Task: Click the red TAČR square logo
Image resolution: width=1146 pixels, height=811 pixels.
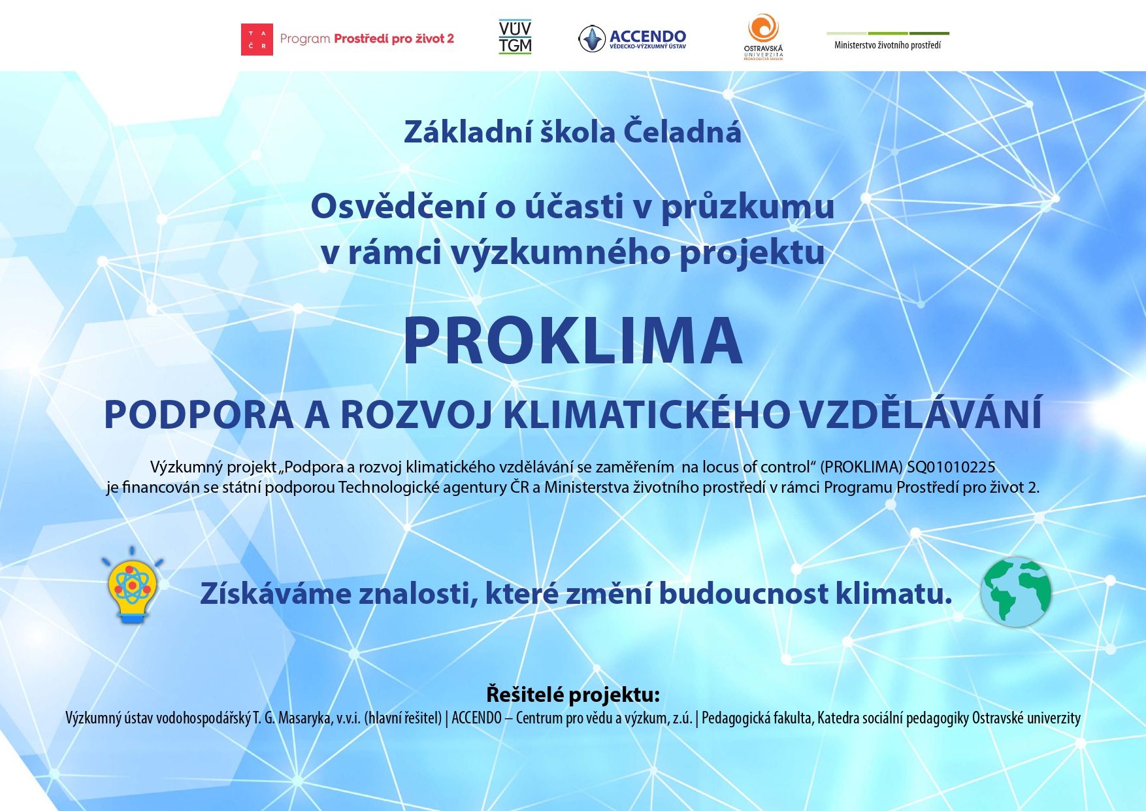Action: (x=257, y=39)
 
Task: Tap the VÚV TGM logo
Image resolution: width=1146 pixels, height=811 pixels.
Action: (x=515, y=37)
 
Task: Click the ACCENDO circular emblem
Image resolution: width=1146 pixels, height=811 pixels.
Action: (x=592, y=39)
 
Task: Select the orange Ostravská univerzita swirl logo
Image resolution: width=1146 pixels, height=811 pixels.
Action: (x=763, y=29)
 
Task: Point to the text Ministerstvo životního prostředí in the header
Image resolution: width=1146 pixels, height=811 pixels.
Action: (x=887, y=45)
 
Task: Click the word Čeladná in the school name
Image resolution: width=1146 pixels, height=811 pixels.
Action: (x=682, y=131)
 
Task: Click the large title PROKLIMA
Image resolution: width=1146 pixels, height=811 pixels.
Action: (x=572, y=341)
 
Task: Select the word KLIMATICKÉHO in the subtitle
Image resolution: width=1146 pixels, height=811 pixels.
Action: (x=646, y=414)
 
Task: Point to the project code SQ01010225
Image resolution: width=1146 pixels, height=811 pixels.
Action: (x=951, y=467)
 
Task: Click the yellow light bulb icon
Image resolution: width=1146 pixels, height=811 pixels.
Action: (x=132, y=586)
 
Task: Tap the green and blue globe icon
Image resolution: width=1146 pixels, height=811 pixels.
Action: (x=1016, y=592)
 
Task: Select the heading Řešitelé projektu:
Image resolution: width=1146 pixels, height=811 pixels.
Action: (x=573, y=694)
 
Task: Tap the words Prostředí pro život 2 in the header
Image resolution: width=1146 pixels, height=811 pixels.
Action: (x=394, y=39)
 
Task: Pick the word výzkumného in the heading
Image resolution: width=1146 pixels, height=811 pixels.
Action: (x=561, y=252)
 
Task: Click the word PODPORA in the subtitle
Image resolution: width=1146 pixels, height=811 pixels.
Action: (x=199, y=414)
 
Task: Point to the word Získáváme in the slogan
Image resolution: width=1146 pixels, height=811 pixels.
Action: (x=276, y=593)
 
